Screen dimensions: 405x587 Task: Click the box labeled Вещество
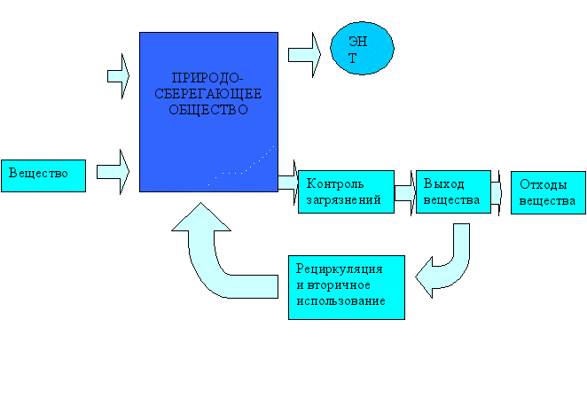(x=43, y=175)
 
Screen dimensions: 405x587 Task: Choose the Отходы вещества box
(x=548, y=192)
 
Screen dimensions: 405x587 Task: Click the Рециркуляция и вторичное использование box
(x=347, y=286)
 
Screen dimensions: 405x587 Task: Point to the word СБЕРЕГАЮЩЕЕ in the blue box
(x=209, y=94)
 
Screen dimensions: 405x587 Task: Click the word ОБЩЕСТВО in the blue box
(x=208, y=111)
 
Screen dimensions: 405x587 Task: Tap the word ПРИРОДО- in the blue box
(x=209, y=78)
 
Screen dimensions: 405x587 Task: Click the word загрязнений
(x=344, y=200)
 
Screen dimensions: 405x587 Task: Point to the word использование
(x=340, y=302)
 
